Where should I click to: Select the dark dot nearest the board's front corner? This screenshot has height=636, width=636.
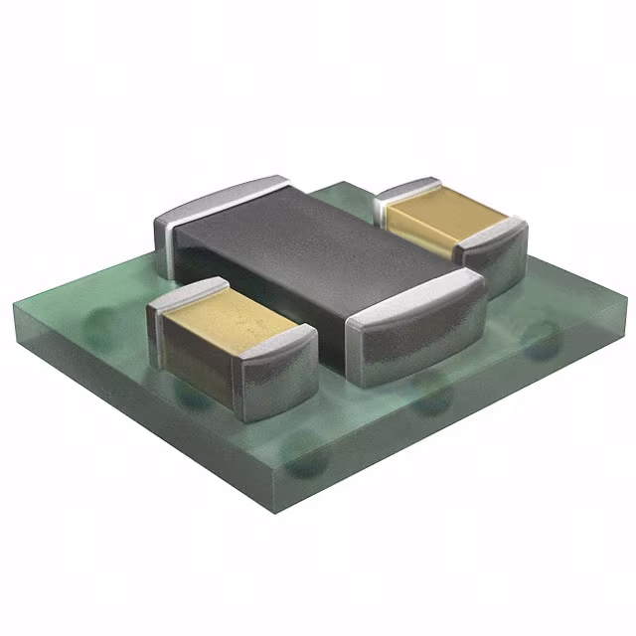(x=308, y=462)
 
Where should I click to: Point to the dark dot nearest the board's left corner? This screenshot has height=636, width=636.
(x=99, y=318)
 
